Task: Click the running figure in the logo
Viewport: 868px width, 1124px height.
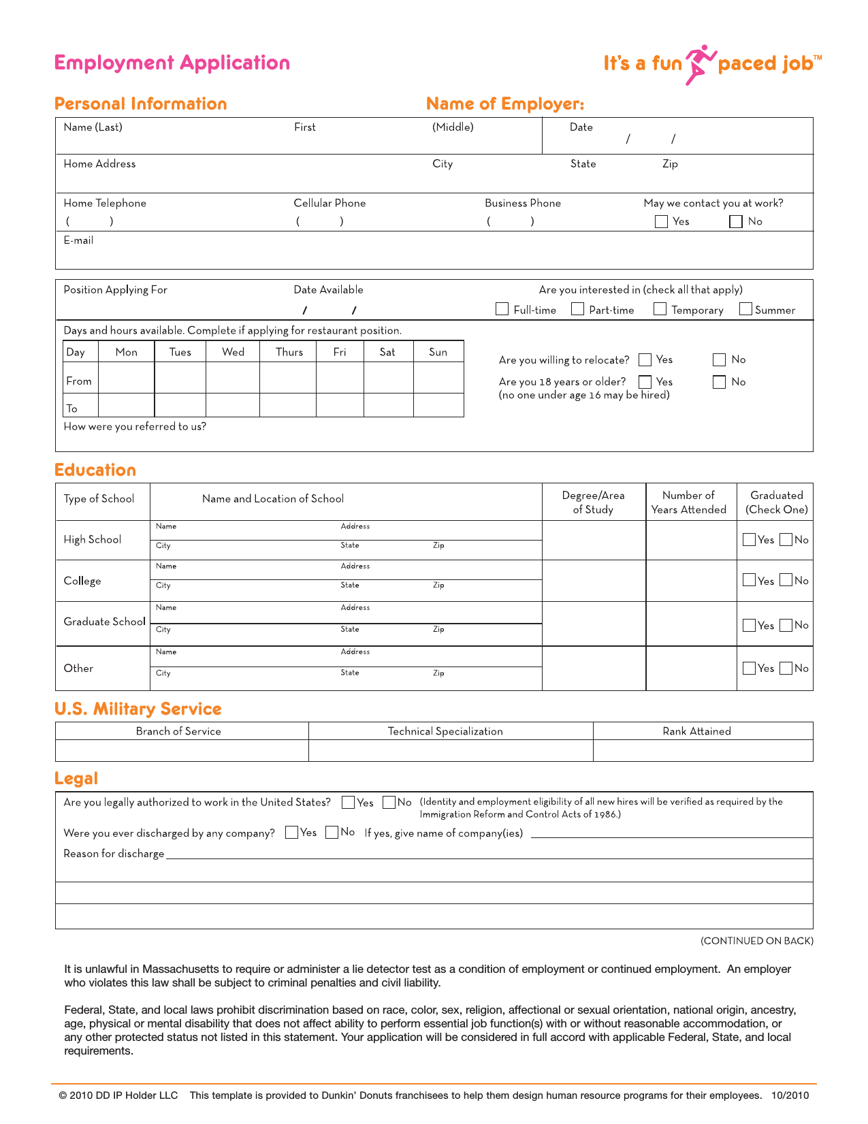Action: pos(700,64)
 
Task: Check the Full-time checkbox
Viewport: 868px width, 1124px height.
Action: pos(502,309)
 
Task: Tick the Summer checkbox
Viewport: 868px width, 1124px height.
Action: pos(745,309)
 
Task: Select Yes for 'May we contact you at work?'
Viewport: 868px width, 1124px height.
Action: pos(661,221)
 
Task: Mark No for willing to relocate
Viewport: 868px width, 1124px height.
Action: pos(720,359)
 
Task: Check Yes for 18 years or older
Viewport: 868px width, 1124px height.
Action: pos(645,382)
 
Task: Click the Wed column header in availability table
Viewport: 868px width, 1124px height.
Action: pos(233,352)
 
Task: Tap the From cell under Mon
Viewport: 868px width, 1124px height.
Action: pos(127,378)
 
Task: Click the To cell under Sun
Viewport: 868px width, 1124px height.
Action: pos(438,406)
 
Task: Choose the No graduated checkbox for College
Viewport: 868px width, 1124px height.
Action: pos(786,580)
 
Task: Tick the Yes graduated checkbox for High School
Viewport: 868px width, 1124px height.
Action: pos(750,540)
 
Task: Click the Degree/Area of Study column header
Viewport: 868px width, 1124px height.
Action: pos(593,502)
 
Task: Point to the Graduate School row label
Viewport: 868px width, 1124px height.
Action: pos(104,622)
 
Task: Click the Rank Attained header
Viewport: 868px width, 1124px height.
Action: pos(696,731)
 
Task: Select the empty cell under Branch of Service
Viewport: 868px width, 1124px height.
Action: pos(182,750)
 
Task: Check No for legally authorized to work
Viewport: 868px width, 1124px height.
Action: pos(389,802)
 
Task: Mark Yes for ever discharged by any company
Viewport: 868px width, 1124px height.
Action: pos(292,832)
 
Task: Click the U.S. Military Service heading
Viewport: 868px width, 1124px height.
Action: pos(138,709)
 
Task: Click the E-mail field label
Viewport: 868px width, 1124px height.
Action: pos(78,240)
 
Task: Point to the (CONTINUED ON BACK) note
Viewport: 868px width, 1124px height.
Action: pos(756,941)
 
